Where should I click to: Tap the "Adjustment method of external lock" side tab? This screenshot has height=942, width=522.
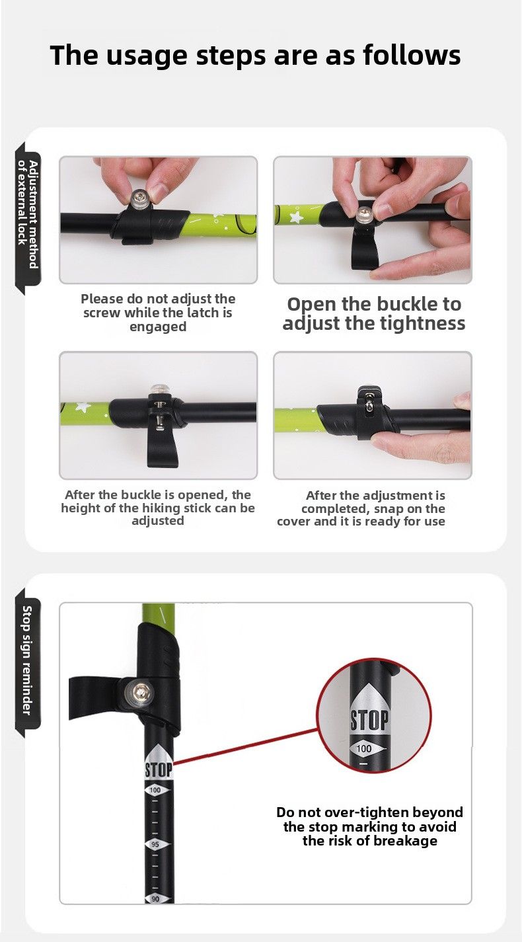click(28, 214)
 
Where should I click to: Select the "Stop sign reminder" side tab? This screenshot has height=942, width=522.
click(27, 660)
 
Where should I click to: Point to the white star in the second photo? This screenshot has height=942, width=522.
click(295, 217)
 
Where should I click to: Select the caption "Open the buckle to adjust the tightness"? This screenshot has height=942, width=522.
click(373, 314)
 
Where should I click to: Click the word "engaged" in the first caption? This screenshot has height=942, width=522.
click(158, 327)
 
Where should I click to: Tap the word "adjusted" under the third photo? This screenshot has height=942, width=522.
click(158, 521)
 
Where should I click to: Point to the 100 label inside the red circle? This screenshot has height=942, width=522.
click(364, 748)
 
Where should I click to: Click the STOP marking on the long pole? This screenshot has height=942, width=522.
click(159, 770)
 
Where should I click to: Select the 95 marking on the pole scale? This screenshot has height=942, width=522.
click(155, 844)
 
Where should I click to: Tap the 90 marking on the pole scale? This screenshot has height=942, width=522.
click(155, 898)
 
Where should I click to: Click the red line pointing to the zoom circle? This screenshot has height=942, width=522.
click(245, 746)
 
